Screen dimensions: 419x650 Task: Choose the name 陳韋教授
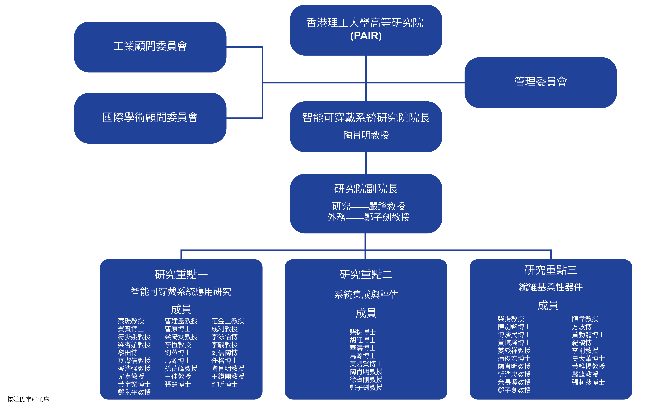(x=585, y=319)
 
